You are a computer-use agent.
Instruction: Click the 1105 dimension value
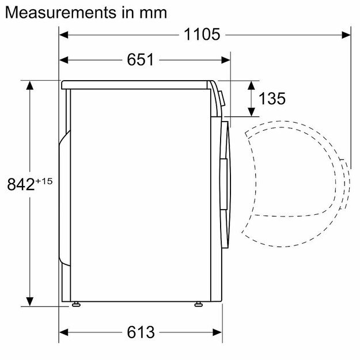pos(202,35)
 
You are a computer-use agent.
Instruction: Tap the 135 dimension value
pos(272,98)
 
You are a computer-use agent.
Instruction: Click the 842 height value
pos(21,184)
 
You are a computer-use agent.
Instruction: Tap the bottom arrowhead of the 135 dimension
pos(252,112)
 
